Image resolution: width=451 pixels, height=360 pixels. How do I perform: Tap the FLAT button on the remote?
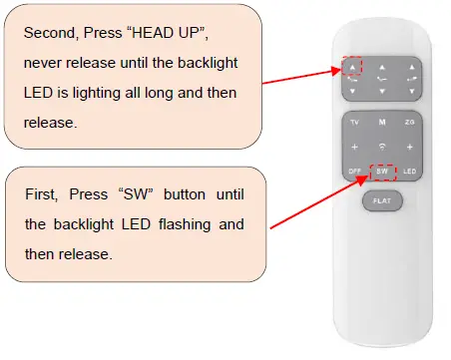(382, 199)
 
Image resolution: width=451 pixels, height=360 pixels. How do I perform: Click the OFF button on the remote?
(355, 172)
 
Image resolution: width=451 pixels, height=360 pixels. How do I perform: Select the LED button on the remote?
(409, 172)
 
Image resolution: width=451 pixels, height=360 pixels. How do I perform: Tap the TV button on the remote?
(355, 121)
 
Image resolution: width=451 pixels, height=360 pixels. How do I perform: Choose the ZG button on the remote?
(409, 121)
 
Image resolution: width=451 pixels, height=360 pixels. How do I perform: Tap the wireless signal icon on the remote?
(382, 147)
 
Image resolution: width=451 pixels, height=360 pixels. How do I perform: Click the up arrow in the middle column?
(382, 68)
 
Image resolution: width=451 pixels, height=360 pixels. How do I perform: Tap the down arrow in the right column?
(409, 90)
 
